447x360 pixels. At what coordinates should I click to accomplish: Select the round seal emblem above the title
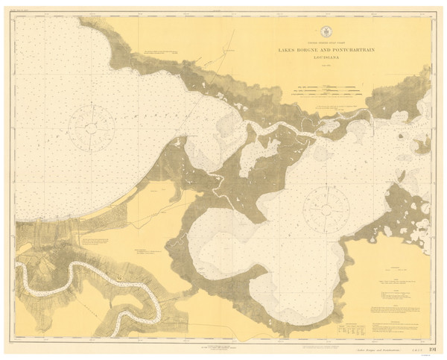click(326, 32)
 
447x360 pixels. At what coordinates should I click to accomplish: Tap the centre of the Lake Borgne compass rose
click(326, 202)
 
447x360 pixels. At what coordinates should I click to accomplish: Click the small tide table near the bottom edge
click(347, 328)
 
